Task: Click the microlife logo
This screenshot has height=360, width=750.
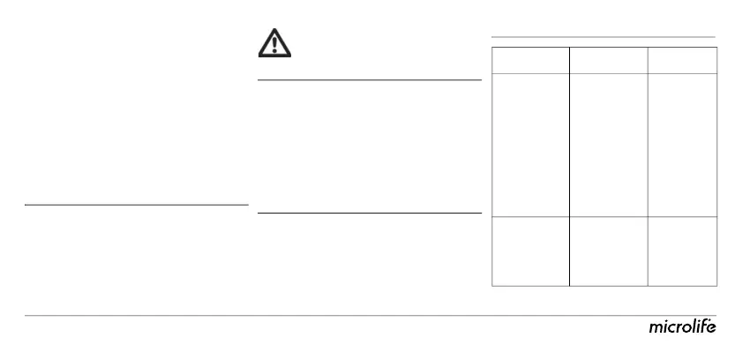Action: (682, 328)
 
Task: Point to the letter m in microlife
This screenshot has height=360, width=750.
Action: (656, 329)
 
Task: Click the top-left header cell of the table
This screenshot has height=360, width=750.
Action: (529, 61)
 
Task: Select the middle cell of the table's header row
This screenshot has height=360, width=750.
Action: (608, 61)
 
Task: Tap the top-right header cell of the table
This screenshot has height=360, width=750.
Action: (682, 61)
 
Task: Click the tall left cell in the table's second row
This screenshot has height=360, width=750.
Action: (529, 145)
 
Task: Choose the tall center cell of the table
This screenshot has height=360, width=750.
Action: (608, 145)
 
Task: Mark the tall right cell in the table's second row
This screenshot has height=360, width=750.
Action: (682, 145)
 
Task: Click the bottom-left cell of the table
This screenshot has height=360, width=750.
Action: (529, 251)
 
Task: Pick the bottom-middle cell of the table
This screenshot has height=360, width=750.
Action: (608, 251)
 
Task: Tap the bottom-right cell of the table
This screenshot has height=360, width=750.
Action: (682, 251)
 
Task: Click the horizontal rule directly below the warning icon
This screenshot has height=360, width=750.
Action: (369, 80)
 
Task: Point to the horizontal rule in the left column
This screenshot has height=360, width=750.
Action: (137, 205)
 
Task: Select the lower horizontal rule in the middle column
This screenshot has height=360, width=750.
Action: (369, 213)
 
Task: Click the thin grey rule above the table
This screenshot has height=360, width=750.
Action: (603, 37)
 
